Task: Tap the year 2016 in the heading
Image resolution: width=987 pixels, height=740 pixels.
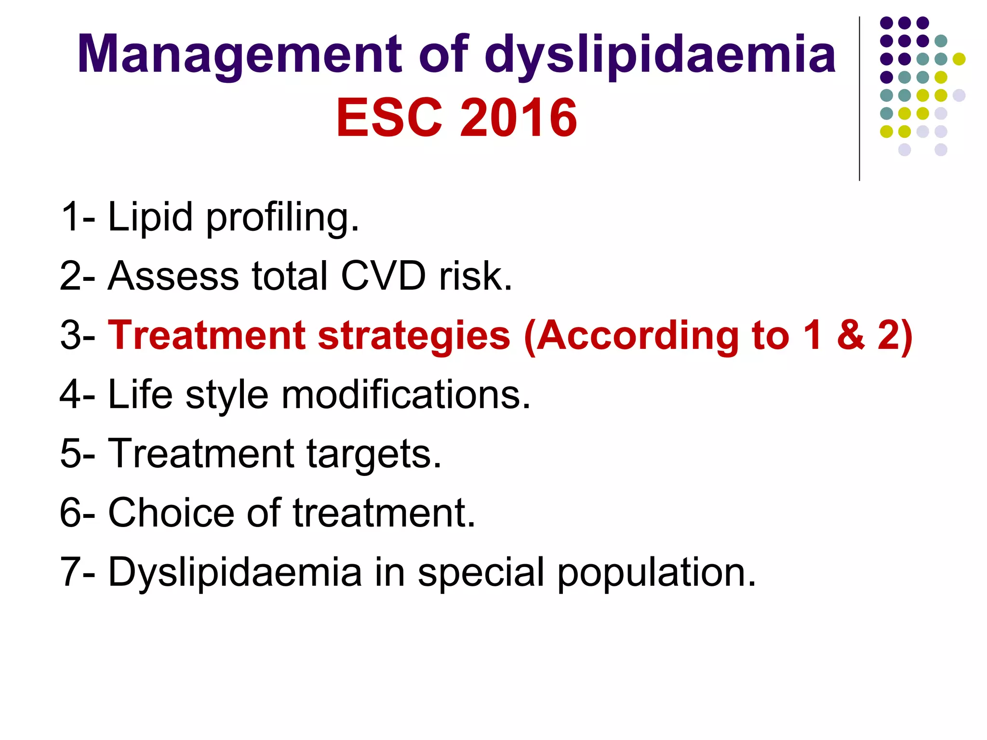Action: coord(519,118)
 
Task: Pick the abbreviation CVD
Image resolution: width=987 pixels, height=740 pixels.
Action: coord(384,276)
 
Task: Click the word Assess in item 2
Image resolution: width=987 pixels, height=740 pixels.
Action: coord(173,276)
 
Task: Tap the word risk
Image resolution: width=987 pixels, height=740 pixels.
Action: coord(475,276)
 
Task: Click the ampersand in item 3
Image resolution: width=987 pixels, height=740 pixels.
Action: coord(851,335)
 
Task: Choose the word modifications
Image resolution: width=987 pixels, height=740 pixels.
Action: coord(406,395)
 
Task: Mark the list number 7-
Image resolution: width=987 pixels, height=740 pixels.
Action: coord(78,572)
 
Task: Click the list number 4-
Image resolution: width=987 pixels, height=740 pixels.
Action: coord(78,395)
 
